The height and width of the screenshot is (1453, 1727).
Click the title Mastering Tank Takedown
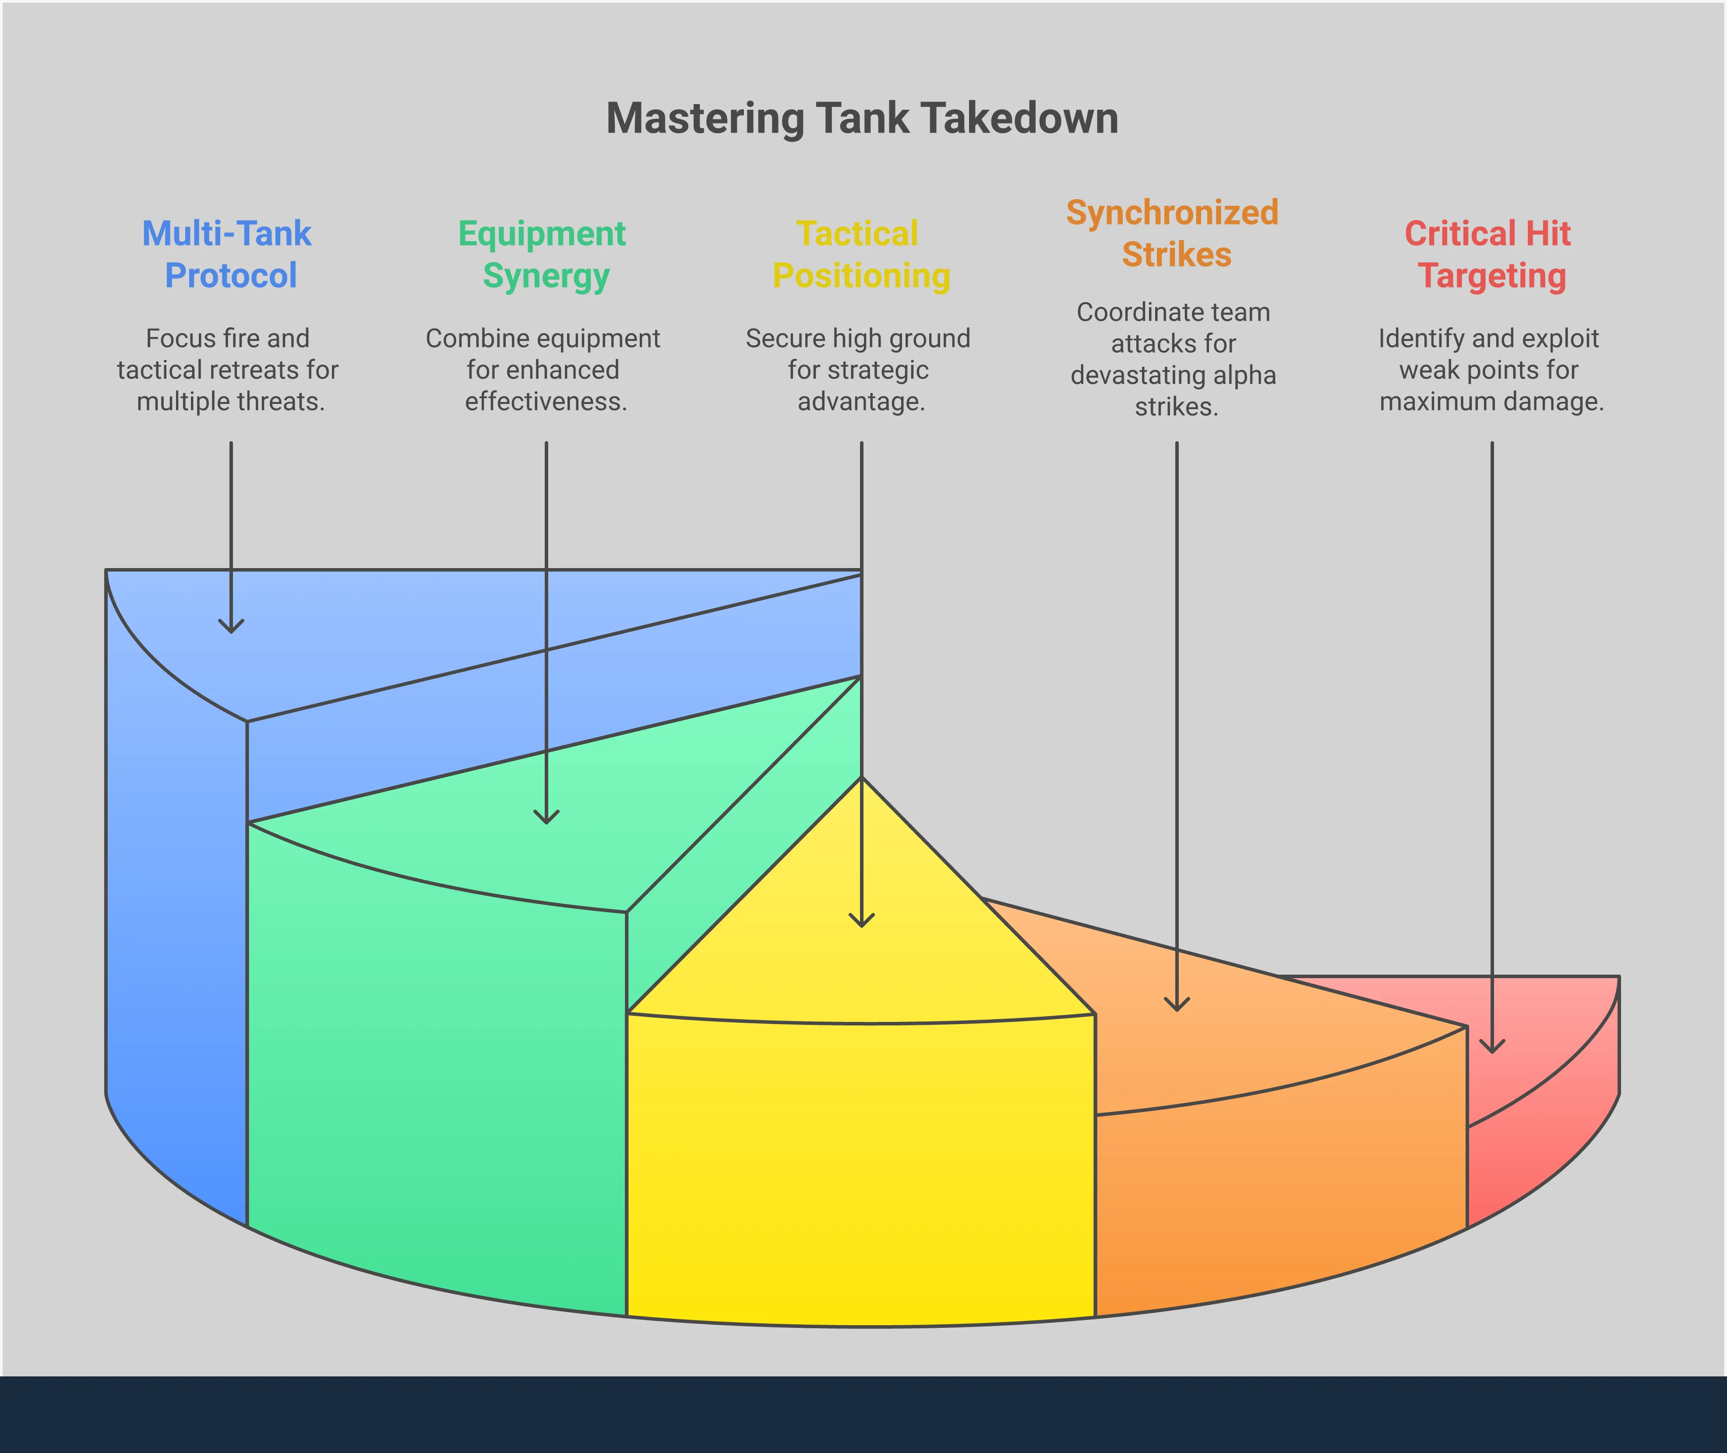pyautogui.click(x=862, y=119)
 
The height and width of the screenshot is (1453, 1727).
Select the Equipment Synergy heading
pyautogui.click(x=543, y=255)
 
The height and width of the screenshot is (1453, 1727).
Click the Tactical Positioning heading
pyautogui.click(x=860, y=255)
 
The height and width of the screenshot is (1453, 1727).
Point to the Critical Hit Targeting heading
pyautogui.click(x=1489, y=255)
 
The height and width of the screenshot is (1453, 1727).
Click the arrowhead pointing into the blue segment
pyautogui.click(x=231, y=626)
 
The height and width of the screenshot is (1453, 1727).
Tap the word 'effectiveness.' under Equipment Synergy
pyautogui.click(x=546, y=402)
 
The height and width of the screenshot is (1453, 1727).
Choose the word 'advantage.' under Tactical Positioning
pyautogui.click(x=861, y=402)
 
